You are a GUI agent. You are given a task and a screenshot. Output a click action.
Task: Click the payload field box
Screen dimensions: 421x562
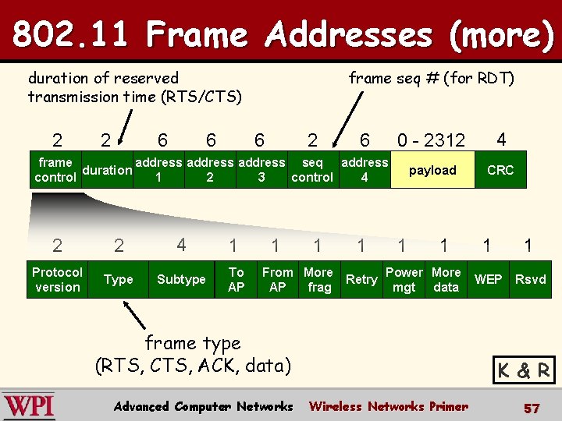(432, 170)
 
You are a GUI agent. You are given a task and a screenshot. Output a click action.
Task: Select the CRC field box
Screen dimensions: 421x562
(500, 170)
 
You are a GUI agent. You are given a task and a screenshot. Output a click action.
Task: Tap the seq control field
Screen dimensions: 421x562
(312, 170)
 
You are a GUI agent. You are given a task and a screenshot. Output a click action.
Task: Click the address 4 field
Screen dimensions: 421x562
(365, 170)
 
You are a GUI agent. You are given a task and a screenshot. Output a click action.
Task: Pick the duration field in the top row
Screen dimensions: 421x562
(107, 170)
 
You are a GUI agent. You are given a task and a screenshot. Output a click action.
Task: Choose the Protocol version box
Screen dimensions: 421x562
(57, 279)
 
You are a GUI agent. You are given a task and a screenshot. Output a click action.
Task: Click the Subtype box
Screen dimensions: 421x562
(181, 279)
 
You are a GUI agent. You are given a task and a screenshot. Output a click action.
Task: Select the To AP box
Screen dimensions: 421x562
(236, 279)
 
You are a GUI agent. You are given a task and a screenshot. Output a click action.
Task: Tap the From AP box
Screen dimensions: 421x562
(277, 279)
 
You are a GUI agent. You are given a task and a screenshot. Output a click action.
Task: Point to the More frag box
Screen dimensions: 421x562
(318, 279)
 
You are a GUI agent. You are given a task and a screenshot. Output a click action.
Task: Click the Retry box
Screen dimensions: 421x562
(361, 279)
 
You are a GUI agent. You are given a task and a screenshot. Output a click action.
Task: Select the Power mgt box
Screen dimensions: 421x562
(404, 279)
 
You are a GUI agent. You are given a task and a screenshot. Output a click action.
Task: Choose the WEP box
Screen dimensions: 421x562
(489, 279)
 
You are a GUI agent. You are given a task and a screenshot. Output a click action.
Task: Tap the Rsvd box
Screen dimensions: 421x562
(531, 279)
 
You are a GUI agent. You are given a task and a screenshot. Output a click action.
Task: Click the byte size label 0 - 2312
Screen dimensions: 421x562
(431, 140)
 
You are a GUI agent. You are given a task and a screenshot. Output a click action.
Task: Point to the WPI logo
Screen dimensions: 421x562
(29, 406)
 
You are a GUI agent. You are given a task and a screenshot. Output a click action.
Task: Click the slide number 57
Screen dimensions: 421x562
(532, 408)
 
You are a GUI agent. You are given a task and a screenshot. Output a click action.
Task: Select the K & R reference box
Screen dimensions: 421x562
(524, 370)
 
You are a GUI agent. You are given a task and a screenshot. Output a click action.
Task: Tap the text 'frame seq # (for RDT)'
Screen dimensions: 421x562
(431, 78)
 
